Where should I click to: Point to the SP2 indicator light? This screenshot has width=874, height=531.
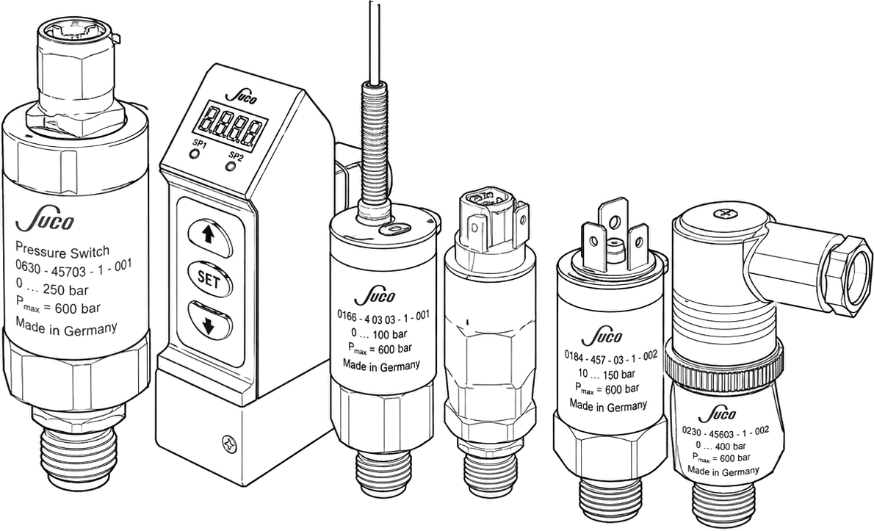pyautogui.click(x=230, y=166)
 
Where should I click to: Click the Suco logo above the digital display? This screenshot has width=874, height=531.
pyautogui.click(x=240, y=97)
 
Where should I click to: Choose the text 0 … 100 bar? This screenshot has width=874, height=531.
pyautogui.click(x=378, y=334)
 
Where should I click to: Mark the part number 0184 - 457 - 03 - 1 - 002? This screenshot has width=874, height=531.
pyautogui.click(x=611, y=357)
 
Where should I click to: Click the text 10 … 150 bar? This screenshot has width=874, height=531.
pyautogui.click(x=606, y=373)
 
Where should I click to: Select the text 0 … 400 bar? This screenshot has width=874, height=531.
pyautogui.click(x=720, y=446)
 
